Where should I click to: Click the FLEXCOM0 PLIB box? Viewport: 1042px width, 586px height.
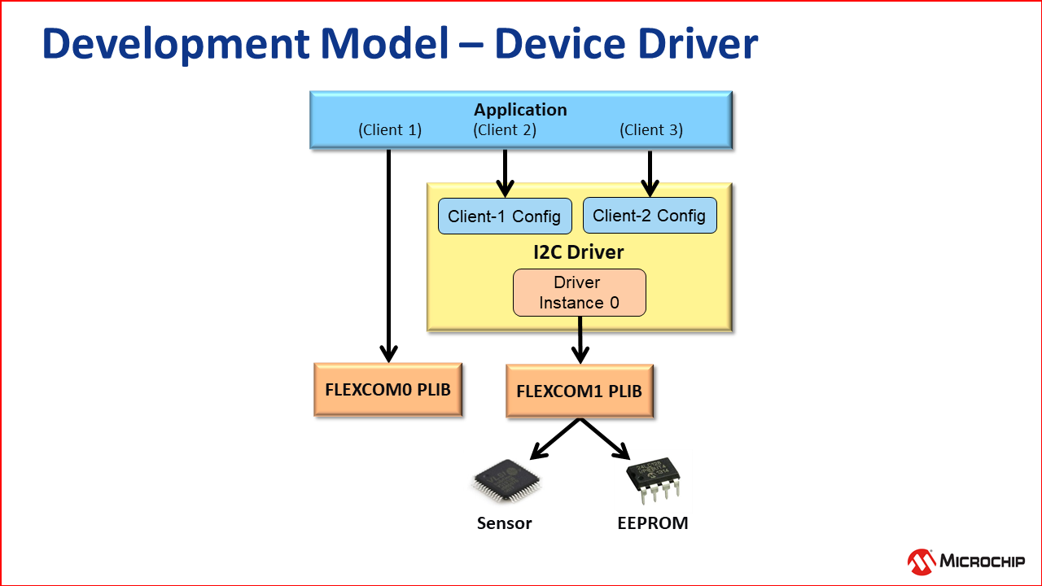387,389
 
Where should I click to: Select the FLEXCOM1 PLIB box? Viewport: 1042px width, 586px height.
579,391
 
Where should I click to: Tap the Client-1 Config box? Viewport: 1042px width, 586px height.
504,216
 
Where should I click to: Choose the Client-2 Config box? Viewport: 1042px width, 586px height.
649,216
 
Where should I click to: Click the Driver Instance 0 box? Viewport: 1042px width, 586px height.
579,293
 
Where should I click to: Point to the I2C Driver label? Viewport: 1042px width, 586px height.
579,252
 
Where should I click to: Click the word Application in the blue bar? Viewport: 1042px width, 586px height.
520,110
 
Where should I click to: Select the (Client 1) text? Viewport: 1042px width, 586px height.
390,129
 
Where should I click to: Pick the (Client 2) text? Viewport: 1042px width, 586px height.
505,129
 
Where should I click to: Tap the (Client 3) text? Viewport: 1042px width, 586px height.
651,129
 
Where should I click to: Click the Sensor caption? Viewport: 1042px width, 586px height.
504,523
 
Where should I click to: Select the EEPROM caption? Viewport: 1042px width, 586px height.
653,523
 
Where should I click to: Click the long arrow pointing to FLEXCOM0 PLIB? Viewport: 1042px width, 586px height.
389,252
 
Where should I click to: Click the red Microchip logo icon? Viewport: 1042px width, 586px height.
922,562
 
